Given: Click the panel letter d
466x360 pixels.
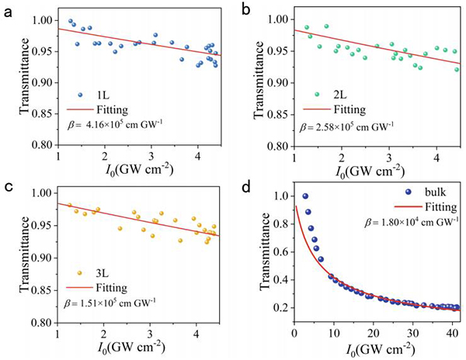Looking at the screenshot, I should point(246,186).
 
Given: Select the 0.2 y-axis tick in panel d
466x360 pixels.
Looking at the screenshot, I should point(280,307).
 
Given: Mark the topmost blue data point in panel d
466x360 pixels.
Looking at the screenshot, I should point(305,196).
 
